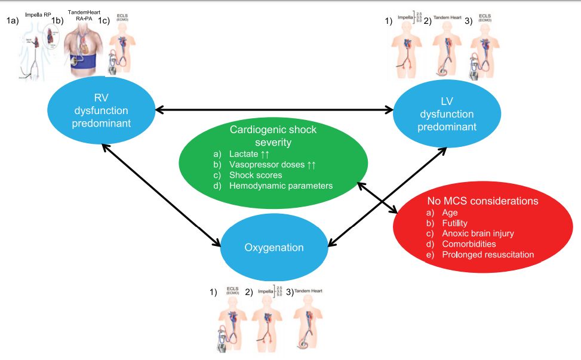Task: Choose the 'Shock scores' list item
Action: tap(256, 175)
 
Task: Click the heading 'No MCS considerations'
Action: tap(483, 201)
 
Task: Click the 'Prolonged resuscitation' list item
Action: tap(488, 255)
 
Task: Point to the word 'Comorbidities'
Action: tap(469, 244)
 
